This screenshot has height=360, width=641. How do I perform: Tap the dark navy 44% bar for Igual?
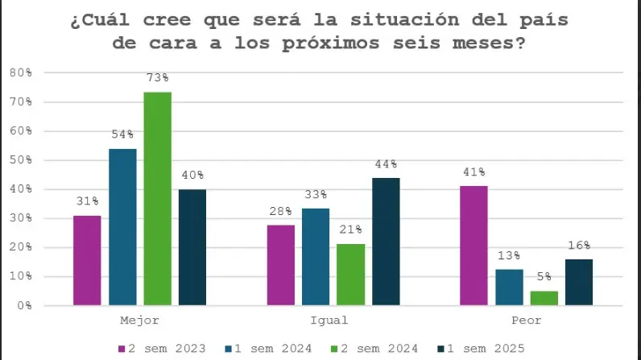[x=386, y=242]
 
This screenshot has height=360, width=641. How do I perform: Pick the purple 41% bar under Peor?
[x=474, y=246]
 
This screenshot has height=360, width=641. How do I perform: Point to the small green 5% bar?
[x=544, y=298]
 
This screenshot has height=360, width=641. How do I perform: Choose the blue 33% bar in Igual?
[x=316, y=257]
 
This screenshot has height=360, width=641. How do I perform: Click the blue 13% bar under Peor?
[x=509, y=287]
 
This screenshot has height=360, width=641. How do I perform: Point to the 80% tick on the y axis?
[x=20, y=72]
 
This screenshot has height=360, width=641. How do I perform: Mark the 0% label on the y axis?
[x=23, y=306]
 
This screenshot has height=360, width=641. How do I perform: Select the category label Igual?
[x=333, y=321]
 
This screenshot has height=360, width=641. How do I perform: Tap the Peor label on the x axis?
[x=526, y=321]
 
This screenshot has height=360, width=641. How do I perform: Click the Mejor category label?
[x=140, y=321]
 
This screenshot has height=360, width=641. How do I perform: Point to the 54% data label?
[x=122, y=134]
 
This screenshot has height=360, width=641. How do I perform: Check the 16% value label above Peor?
[x=578, y=245]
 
